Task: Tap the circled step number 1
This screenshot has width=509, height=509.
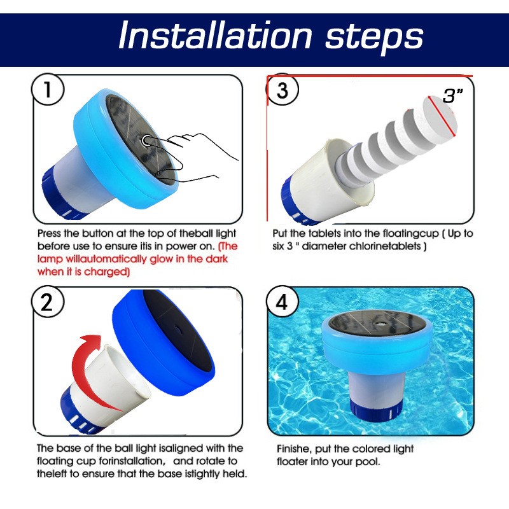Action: point(48,91)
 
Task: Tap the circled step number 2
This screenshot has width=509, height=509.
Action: point(46,302)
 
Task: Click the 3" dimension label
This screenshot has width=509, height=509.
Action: point(454,96)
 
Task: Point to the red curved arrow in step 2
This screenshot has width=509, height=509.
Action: point(86,356)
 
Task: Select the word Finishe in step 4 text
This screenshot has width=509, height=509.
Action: point(295,449)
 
